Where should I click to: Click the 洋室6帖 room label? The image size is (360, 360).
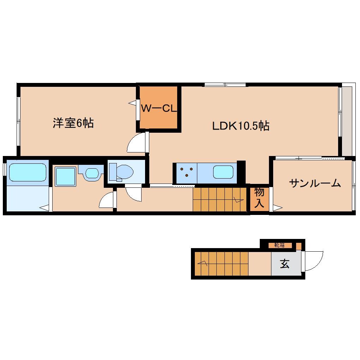point(73,123)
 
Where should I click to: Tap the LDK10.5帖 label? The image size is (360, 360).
point(241,126)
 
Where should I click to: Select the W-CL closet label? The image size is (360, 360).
point(158,108)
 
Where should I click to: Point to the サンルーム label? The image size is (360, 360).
point(315,183)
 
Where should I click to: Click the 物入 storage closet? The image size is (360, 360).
point(259,198)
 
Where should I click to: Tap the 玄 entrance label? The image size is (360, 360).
point(285,264)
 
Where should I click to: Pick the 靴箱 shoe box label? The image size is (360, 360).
point(281,245)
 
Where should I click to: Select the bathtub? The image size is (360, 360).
point(27,172)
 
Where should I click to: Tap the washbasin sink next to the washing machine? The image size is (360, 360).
point(92,173)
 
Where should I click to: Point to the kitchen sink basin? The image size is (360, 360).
point(223,173)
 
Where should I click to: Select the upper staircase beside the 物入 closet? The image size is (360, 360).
point(219,200)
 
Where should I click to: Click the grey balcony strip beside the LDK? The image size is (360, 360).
point(348,120)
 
